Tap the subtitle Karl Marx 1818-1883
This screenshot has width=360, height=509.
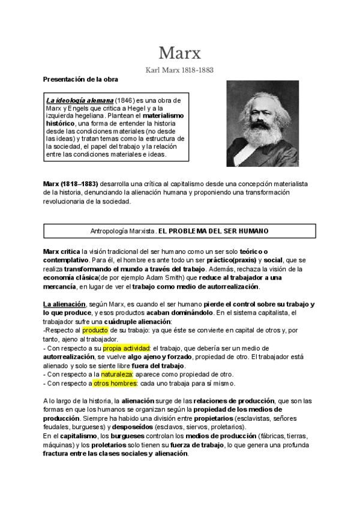click(180, 70)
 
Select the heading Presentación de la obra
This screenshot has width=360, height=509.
click(80, 79)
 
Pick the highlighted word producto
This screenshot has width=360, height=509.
click(95, 330)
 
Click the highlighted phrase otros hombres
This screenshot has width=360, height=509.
click(115, 383)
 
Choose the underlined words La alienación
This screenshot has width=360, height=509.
click(64, 304)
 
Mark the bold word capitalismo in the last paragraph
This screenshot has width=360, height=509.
click(75, 436)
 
